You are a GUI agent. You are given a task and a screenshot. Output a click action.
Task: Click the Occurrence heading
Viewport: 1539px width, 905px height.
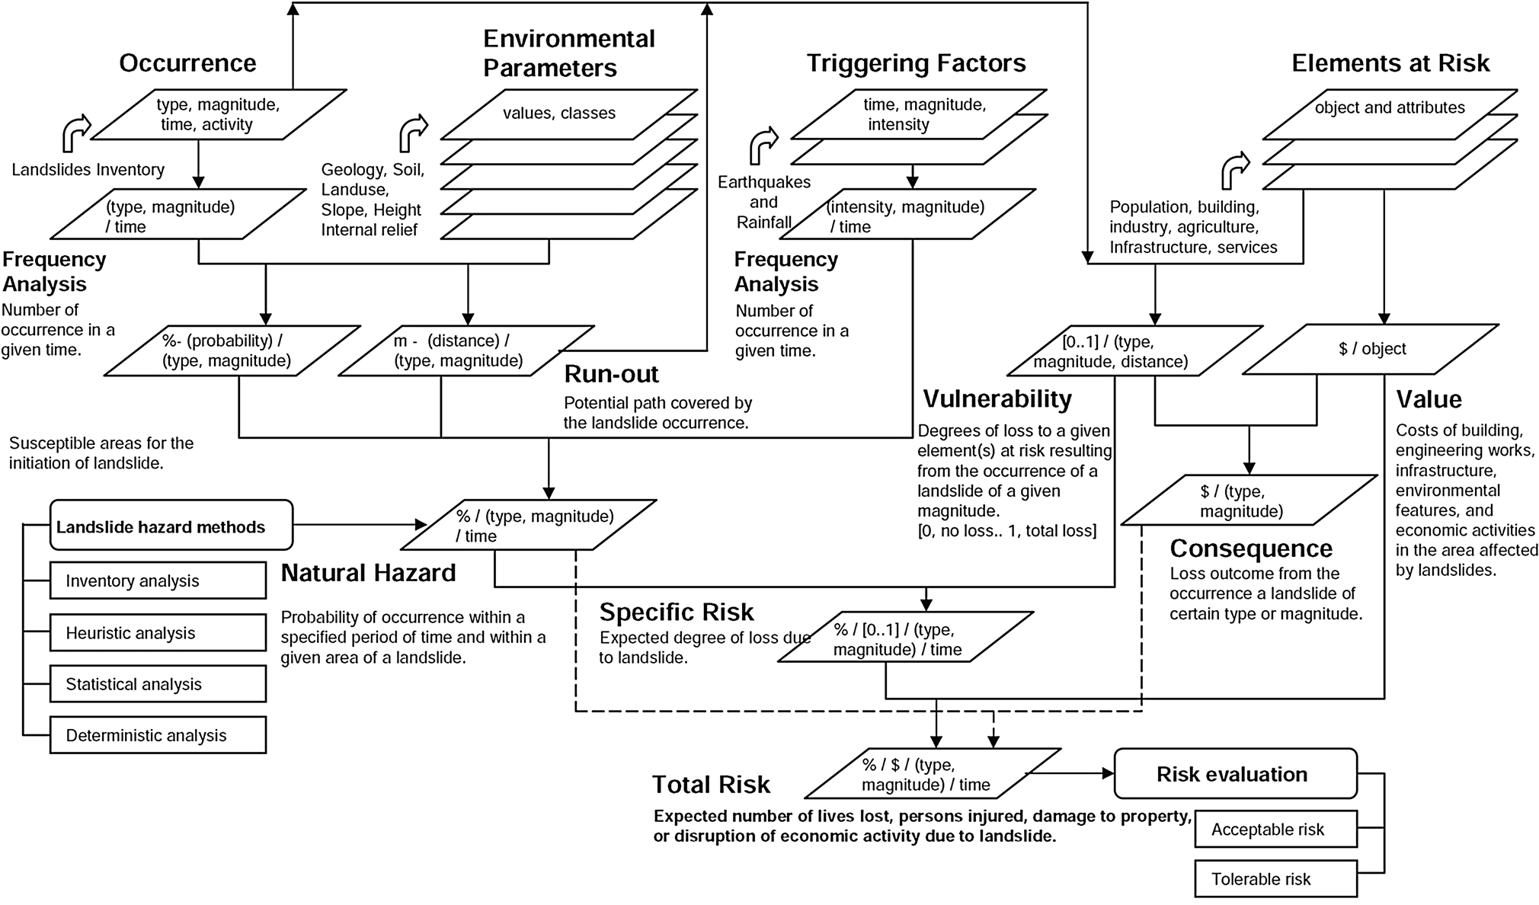coord(187,63)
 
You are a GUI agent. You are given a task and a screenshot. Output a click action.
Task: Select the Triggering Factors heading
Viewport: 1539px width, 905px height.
coord(916,63)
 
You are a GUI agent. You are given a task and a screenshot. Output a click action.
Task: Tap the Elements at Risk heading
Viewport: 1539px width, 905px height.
coord(1390,63)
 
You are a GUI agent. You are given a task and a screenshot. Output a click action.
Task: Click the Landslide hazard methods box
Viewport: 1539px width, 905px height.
coord(171,526)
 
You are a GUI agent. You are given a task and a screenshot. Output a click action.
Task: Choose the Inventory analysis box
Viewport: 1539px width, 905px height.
coord(158,580)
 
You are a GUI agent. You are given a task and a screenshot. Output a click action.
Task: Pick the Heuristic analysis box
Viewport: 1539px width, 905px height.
coord(158,633)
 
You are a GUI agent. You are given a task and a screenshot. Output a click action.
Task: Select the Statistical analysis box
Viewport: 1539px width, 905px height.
coord(158,684)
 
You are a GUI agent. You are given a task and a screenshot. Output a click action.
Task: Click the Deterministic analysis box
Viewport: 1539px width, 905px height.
coord(158,735)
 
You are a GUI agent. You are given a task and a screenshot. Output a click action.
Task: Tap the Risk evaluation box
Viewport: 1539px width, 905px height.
coord(1234,774)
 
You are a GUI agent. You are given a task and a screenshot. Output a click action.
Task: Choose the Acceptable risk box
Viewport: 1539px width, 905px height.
coord(1275,829)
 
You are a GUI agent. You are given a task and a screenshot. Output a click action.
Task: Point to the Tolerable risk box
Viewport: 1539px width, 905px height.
coord(1275,879)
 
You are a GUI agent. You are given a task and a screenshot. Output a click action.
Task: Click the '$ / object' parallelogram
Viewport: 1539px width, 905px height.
coord(1371,349)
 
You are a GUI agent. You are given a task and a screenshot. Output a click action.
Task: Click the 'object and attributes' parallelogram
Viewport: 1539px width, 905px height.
coord(1390,108)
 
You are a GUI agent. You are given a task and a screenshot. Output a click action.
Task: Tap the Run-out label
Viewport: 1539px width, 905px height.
coord(611,374)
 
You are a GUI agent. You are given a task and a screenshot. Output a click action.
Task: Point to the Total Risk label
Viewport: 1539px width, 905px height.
coord(711,785)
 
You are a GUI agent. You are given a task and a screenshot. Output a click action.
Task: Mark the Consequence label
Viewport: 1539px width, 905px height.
coord(1251,548)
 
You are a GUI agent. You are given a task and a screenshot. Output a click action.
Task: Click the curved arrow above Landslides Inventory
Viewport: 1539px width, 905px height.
coord(76,133)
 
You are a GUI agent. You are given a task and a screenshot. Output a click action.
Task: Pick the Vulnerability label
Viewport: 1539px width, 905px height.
coord(997,399)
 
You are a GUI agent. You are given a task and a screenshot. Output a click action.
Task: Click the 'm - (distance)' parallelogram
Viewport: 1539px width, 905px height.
coord(465,351)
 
